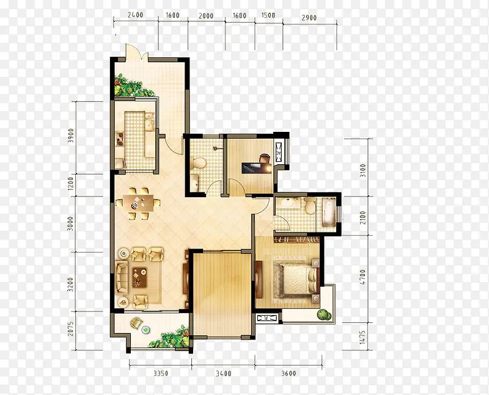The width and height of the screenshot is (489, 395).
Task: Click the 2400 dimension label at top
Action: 135,15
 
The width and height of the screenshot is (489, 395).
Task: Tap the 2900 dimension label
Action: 309,18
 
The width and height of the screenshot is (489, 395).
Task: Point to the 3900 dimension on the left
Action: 71,136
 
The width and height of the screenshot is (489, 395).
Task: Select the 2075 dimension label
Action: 71,328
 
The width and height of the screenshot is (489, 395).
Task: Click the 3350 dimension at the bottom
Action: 161,373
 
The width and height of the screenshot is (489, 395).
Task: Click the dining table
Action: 138,204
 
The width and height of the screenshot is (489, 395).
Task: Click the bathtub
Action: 329,212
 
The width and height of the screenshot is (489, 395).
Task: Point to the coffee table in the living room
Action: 140,277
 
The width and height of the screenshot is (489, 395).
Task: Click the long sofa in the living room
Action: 122,277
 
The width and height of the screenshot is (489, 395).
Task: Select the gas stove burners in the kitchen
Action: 120,139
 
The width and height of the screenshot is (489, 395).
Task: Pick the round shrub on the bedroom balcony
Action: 324,314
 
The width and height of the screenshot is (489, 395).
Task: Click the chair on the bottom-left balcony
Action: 136,322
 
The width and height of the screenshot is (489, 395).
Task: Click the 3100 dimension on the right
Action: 362,170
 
